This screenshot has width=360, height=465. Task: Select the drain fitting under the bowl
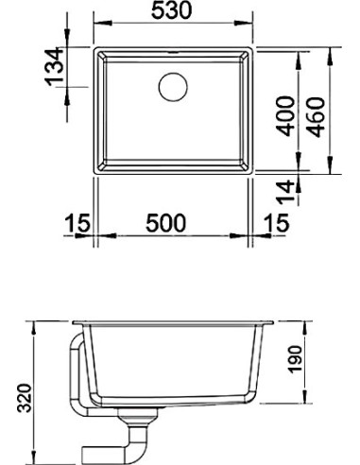(x=144, y=421)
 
